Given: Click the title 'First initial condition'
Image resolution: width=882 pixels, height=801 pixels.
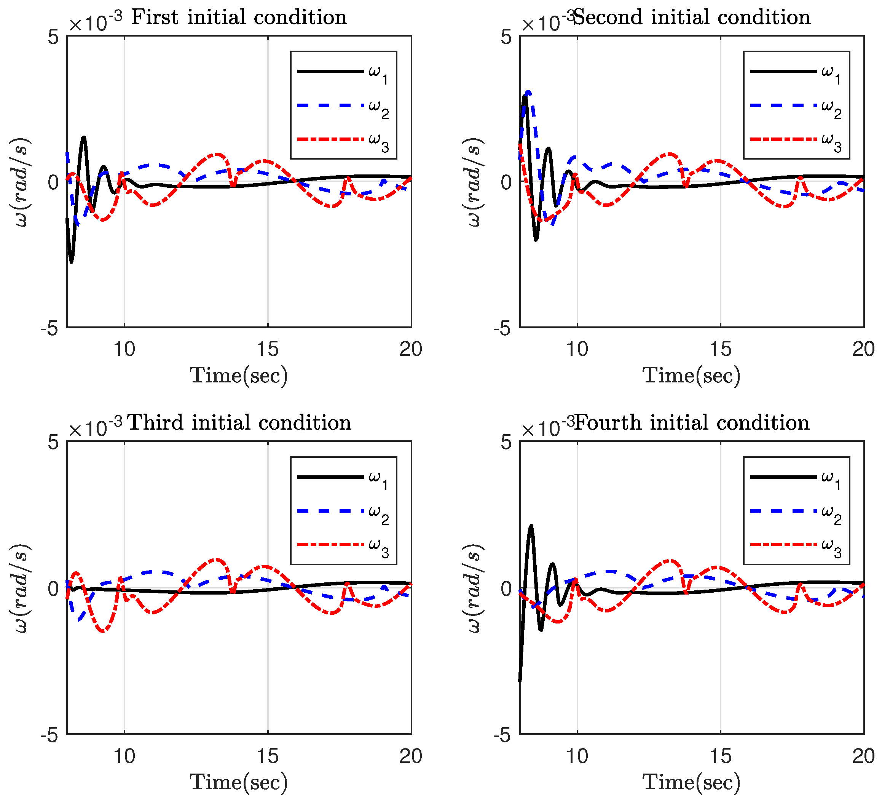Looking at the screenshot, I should tap(239, 18).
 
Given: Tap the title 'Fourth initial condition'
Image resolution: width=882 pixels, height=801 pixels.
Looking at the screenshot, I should tap(692, 423).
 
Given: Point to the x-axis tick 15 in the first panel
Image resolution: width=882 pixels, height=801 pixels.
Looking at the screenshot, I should tap(267, 349).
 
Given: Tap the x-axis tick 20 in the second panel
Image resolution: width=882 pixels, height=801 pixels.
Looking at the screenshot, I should tap(863, 349).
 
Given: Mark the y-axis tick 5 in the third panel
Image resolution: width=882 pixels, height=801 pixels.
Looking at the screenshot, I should tap(53, 443).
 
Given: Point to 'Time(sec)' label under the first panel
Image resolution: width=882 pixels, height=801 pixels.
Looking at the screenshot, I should tap(239, 376).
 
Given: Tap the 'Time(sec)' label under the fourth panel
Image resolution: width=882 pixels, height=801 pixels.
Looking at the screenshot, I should tap(692, 782).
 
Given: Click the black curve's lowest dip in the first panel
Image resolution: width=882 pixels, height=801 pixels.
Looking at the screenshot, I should tap(71, 262).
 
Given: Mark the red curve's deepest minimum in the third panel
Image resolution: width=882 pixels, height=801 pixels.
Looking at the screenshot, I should tap(103, 631).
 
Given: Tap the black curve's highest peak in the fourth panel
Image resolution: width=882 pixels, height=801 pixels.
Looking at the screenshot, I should tap(531, 526).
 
